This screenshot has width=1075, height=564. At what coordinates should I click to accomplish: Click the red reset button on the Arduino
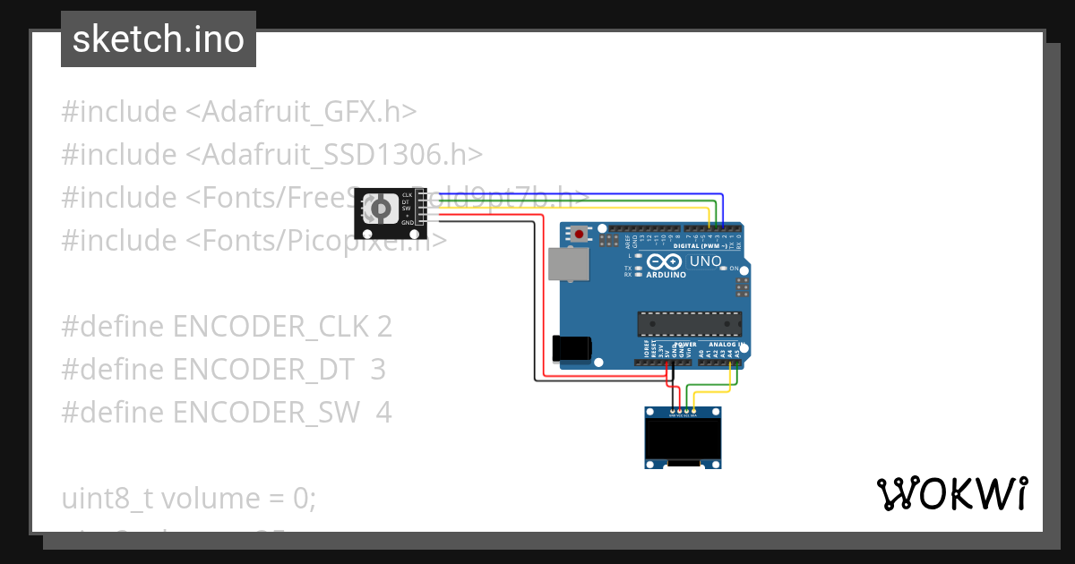[x=580, y=235]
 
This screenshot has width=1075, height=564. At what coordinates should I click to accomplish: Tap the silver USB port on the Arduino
[x=562, y=264]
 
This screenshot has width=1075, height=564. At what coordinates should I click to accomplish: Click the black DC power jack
[x=571, y=347]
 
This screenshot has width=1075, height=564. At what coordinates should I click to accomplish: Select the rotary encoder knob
[x=382, y=210]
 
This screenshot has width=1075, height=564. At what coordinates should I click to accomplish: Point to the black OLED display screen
[x=683, y=439]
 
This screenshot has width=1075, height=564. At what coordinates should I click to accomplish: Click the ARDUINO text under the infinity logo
[x=666, y=275]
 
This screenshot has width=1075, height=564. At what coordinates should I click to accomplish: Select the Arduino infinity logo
[x=665, y=262]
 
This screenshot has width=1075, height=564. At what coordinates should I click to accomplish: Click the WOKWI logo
[x=951, y=493]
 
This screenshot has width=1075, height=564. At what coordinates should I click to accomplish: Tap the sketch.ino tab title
[x=158, y=39]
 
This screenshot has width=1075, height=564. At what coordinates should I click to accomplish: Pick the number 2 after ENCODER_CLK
[x=384, y=327]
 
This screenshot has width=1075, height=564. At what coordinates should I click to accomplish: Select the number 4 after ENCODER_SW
[x=383, y=413]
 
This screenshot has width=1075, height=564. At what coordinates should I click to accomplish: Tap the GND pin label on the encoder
[x=408, y=223]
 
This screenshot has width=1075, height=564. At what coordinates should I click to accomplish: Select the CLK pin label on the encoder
[x=408, y=195]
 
